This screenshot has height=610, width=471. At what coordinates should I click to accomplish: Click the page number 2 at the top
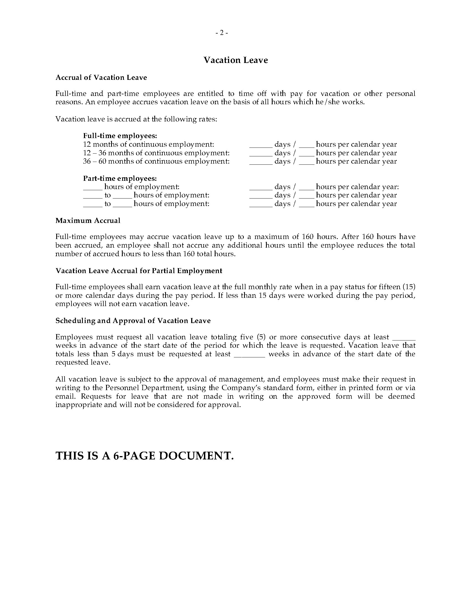click(222, 33)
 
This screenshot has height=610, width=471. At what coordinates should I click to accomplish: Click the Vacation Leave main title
click(235, 60)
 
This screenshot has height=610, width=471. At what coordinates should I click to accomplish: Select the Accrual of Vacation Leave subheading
click(101, 77)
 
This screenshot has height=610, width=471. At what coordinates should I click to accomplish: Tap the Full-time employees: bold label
click(120, 136)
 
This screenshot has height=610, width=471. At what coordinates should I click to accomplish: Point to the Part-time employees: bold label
click(120, 178)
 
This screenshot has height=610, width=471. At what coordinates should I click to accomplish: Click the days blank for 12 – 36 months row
click(261, 153)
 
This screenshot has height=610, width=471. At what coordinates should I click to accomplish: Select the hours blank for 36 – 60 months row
click(307, 162)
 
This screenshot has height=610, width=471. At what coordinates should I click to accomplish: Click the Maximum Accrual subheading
click(88, 220)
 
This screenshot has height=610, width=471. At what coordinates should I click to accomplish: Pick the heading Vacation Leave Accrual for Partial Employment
click(139, 271)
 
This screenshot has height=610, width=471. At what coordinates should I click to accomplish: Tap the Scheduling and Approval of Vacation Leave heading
click(133, 320)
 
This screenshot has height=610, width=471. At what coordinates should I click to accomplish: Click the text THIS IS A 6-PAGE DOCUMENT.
click(145, 456)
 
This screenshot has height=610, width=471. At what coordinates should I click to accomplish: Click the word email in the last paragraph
click(64, 396)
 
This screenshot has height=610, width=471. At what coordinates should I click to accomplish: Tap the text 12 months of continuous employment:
click(149, 144)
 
